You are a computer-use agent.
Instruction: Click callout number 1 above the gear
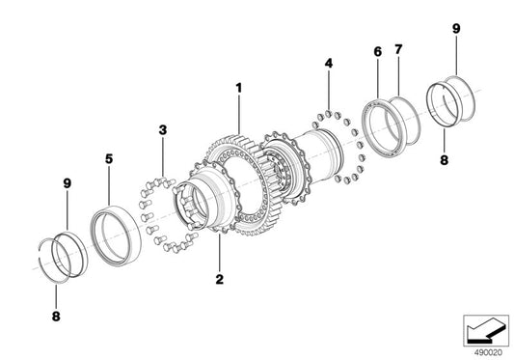[239, 88]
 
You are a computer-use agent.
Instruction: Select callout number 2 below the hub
[219, 279]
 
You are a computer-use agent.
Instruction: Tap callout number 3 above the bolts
[163, 130]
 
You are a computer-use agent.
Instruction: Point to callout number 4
[329, 63]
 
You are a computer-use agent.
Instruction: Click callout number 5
[109, 159]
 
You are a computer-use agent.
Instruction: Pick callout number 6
[378, 52]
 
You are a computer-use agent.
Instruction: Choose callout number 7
[398, 49]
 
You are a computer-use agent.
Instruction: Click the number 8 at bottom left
[56, 317]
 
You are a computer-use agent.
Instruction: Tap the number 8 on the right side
[444, 160]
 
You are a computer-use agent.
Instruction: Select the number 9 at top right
[456, 29]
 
